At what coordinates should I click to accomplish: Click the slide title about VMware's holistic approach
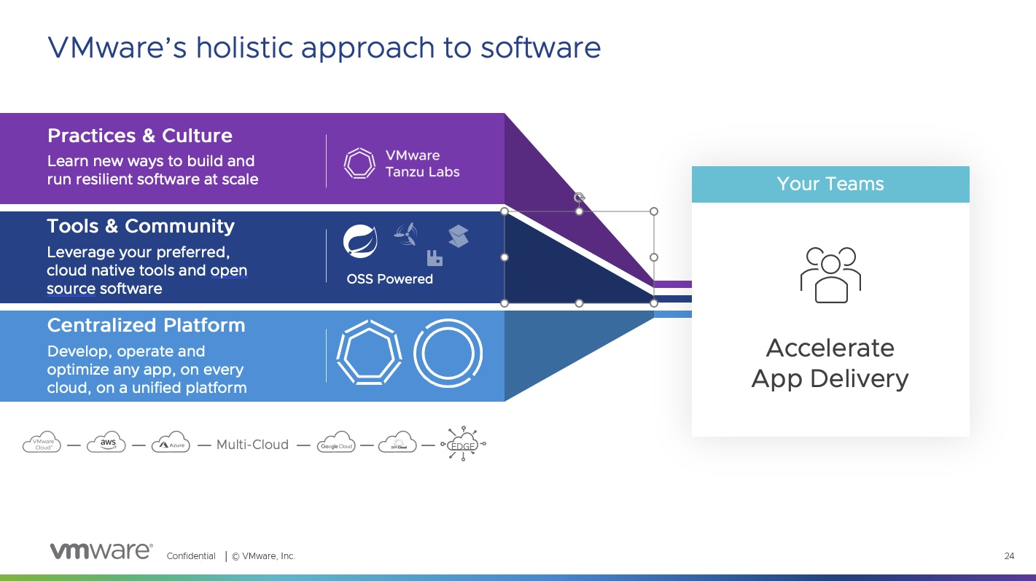324,47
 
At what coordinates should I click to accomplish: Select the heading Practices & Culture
139,136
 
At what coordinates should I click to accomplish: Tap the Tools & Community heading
141,227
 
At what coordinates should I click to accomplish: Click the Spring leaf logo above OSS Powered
360,242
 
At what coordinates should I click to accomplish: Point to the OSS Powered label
389,279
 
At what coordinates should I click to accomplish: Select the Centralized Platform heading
146,325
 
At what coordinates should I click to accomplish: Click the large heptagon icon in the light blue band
369,353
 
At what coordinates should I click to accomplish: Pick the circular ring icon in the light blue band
448,353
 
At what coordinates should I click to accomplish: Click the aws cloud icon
106,443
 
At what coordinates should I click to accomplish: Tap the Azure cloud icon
171,443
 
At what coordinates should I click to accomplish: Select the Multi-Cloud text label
252,444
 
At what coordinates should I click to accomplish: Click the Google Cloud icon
336,444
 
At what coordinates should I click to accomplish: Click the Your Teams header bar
830,184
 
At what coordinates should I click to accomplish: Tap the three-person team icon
830,275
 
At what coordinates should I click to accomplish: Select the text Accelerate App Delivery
830,363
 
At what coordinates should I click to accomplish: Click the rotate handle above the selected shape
579,197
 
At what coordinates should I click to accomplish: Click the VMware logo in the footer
101,552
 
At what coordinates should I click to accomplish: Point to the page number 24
1009,556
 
